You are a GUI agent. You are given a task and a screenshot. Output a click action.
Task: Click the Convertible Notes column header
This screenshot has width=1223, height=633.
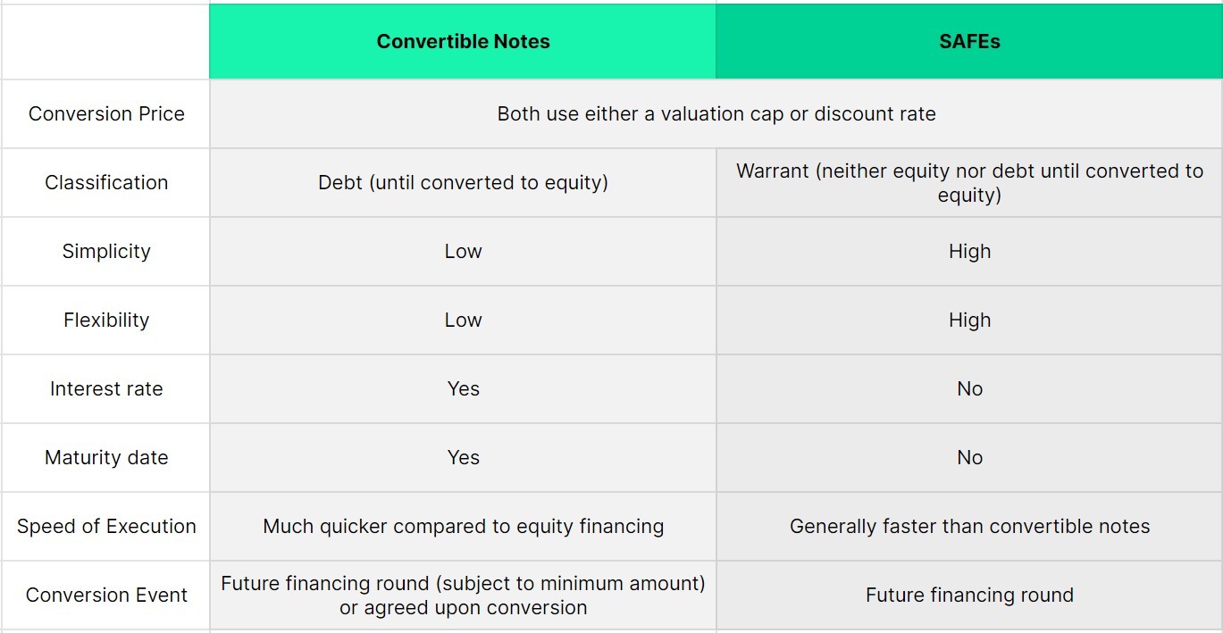coord(463,42)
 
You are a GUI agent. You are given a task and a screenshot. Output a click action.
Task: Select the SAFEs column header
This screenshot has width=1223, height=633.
coord(969,42)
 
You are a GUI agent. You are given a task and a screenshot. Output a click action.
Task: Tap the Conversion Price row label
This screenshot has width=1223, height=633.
coord(106,114)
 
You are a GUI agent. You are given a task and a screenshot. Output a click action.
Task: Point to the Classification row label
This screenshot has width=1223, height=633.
coord(106,183)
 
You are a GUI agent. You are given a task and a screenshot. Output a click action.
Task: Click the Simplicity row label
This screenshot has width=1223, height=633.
coord(106,252)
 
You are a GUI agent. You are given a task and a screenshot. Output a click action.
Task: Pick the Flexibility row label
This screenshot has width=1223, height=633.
coord(106,321)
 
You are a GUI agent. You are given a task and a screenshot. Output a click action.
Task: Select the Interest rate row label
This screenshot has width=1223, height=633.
coord(106,389)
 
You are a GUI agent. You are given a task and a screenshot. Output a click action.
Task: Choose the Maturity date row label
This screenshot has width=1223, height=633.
coord(106,458)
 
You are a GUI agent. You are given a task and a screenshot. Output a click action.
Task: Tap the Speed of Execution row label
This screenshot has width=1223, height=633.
coord(106,527)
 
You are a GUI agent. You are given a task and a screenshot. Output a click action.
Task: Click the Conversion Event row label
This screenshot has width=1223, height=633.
coord(106,596)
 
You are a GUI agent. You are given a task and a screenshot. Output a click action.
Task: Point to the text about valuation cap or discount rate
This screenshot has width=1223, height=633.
coord(716,114)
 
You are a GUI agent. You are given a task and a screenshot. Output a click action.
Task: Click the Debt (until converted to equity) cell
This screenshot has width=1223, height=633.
coord(463,183)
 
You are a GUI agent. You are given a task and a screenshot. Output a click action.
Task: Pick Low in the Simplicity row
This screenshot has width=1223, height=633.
coord(463,252)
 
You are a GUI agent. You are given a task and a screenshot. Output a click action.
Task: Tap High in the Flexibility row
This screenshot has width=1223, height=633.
coord(969,321)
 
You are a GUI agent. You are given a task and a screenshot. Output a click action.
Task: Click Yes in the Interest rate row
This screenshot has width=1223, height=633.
coord(463,389)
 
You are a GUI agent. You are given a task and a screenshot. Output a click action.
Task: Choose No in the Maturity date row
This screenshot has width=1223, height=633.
coord(969,458)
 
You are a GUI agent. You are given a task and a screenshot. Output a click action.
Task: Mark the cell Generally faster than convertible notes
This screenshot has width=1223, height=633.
coord(969,527)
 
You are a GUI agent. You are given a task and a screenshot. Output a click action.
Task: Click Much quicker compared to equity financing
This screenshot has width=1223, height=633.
coord(463,527)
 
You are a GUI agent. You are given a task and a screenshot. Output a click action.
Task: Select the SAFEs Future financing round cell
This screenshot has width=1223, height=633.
coord(969,596)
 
